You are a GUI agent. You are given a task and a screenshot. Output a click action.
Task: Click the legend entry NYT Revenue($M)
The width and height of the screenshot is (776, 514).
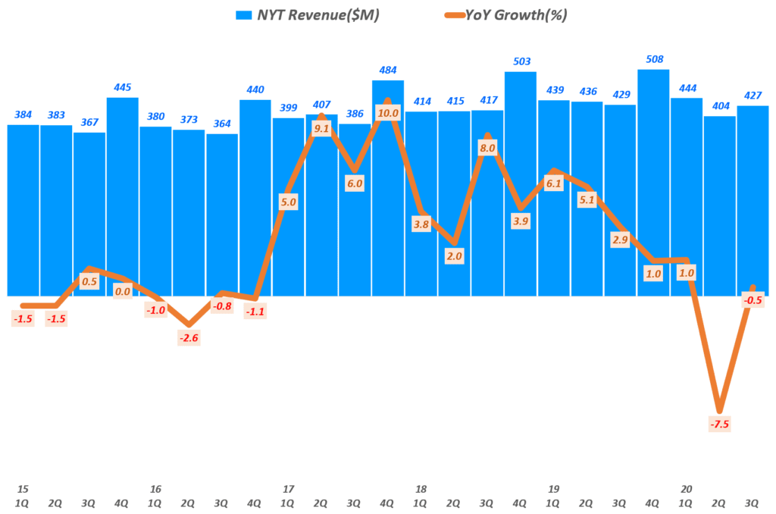pos(318,14)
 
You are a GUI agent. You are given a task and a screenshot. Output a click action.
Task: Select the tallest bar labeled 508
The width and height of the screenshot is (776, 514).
pos(653,182)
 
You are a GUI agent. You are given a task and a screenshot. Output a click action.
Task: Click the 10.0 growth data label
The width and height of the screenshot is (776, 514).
pos(387,114)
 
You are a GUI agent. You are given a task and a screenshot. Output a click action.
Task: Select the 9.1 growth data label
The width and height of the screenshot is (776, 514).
pos(321,128)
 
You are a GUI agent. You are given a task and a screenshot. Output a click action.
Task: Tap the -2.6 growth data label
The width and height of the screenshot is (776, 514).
pos(188,338)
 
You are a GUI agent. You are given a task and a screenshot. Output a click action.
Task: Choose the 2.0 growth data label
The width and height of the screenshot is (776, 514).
pos(454,256)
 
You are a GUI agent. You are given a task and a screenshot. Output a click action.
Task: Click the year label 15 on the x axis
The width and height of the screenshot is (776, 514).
pos(23,489)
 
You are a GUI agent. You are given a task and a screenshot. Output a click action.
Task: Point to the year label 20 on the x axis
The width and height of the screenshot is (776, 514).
pos(687,489)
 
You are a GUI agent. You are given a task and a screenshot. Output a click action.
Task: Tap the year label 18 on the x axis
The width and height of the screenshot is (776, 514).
pos(421,489)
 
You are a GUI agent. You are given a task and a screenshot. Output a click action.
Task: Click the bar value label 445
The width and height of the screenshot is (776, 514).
pos(121,87)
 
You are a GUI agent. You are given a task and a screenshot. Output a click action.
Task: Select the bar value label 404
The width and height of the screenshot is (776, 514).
pos(720,106)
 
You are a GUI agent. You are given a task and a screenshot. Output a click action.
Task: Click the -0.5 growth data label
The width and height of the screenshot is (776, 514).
pos(753,300)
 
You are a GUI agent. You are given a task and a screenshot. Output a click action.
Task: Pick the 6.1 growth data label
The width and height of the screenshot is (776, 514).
pos(554,183)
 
